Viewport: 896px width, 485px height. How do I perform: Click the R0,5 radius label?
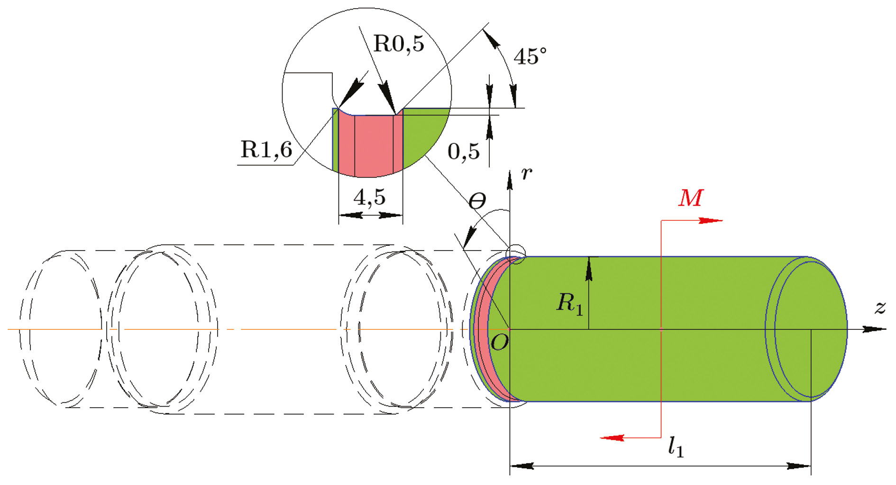pos(399,44)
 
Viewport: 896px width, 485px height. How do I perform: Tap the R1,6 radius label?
pos(266,150)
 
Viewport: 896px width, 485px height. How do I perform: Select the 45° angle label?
pos(530,57)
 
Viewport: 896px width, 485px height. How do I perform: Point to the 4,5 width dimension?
pos(369,197)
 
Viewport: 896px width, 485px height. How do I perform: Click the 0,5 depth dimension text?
pos(463,152)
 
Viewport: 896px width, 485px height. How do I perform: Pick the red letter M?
pos(690,198)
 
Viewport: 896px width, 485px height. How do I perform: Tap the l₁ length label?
pos(676,447)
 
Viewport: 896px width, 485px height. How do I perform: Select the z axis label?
pos(880,308)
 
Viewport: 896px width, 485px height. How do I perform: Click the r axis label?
pos(526,174)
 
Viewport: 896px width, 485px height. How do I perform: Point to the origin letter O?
pos(499,342)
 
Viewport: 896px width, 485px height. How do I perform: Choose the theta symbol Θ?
pos(477,202)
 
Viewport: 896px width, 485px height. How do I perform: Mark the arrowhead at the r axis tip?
pos(510,181)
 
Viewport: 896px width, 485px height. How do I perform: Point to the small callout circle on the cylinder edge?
pos(516,254)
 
